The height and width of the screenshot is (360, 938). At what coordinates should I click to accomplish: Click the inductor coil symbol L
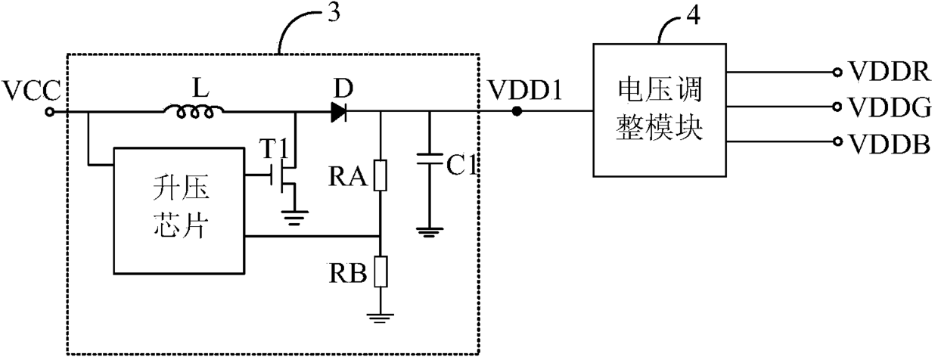pos(194,112)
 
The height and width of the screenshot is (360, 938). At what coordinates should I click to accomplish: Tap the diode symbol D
pos(339,112)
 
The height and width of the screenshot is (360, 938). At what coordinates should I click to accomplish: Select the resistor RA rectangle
pos(380,175)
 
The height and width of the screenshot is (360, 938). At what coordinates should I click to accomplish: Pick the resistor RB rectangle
pos(380,272)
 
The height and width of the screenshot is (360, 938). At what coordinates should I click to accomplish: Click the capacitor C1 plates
pos(429,159)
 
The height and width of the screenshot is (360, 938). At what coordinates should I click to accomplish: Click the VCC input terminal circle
pos(50,112)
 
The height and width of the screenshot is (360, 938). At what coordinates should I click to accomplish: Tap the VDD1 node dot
pos(517,112)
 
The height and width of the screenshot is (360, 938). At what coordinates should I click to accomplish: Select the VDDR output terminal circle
pos(837,73)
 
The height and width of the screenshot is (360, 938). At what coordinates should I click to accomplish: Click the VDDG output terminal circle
pos(837,107)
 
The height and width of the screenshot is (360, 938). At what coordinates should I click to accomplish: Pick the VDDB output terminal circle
pos(837,141)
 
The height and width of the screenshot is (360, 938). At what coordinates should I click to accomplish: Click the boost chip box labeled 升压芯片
pos(179,211)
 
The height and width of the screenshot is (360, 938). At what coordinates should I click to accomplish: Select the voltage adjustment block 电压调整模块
pos(660,110)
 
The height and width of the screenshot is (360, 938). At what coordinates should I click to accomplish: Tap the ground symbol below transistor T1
pos(295,218)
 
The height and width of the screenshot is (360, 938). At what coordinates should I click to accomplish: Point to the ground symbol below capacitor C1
pos(429,232)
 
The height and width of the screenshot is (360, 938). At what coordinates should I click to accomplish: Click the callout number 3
pos(334,13)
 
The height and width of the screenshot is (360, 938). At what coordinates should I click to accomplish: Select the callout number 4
pos(694,16)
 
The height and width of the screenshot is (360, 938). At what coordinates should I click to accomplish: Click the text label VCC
pos(32,91)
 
